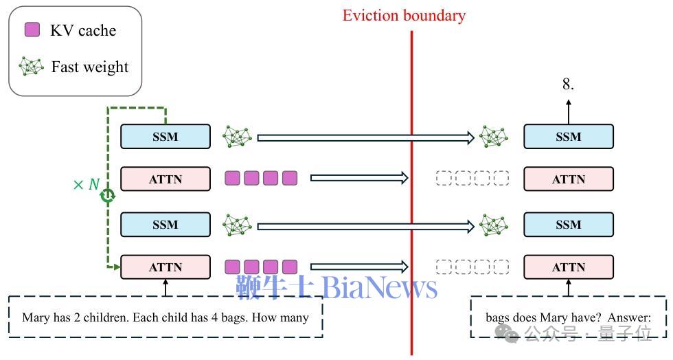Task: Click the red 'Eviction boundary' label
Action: (x=404, y=16)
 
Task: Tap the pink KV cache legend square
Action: (x=32, y=30)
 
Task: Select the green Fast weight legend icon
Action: (x=31, y=67)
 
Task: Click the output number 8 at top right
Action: (x=568, y=84)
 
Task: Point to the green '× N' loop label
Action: (x=87, y=185)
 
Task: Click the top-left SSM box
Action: (x=166, y=137)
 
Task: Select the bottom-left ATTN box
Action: (x=166, y=267)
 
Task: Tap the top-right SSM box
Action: (x=569, y=137)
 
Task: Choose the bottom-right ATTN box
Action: (x=569, y=267)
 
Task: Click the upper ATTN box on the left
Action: (x=166, y=179)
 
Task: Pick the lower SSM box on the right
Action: (x=569, y=224)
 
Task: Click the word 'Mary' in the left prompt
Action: (x=36, y=318)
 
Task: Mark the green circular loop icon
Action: (x=107, y=196)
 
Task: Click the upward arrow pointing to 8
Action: (x=569, y=112)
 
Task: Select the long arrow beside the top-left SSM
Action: (x=365, y=137)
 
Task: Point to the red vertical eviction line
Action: (x=411, y=192)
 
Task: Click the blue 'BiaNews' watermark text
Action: (x=379, y=287)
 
